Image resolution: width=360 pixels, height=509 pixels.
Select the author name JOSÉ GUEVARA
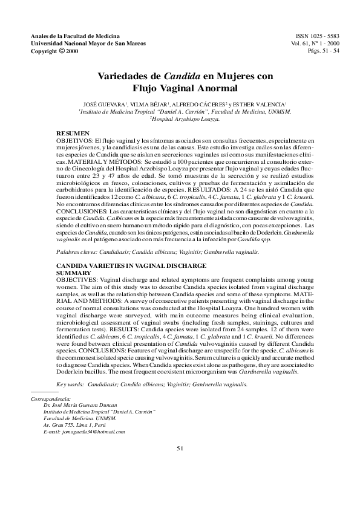tap(98, 104)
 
